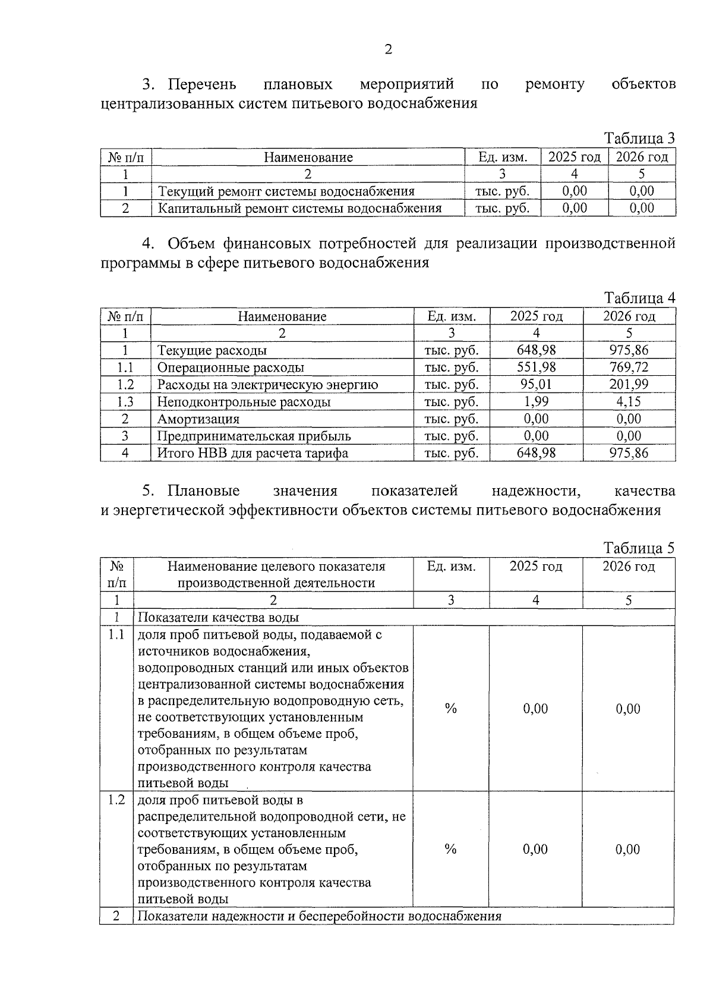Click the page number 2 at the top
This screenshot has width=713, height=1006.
click(x=388, y=49)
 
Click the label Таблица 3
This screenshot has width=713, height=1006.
click(x=639, y=139)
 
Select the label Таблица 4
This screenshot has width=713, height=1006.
click(x=639, y=298)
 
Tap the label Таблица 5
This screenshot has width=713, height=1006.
click(x=639, y=548)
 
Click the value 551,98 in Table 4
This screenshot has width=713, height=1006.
click(x=536, y=367)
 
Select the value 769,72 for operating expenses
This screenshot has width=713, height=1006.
click(x=629, y=367)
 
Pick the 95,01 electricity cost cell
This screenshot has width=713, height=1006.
click(x=536, y=385)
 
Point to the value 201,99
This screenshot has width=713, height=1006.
click(x=629, y=385)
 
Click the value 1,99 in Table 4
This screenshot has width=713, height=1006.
click(x=536, y=402)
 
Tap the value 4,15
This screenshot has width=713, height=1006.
click(x=629, y=402)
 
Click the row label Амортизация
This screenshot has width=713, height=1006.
click(x=198, y=419)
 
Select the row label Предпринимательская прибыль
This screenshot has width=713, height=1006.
click(x=254, y=436)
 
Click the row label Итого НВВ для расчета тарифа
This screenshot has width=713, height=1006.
click(x=253, y=454)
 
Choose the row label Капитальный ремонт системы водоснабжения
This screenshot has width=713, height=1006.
click(x=299, y=209)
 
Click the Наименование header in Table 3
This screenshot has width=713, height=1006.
click(x=308, y=158)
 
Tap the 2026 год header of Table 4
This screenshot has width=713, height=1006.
click(x=629, y=316)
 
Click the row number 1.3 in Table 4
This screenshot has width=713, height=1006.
click(x=125, y=402)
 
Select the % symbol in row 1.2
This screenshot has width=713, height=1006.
click(x=450, y=850)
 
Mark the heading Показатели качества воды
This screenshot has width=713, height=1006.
click(x=218, y=618)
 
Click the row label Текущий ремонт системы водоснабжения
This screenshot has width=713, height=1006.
click(x=286, y=191)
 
